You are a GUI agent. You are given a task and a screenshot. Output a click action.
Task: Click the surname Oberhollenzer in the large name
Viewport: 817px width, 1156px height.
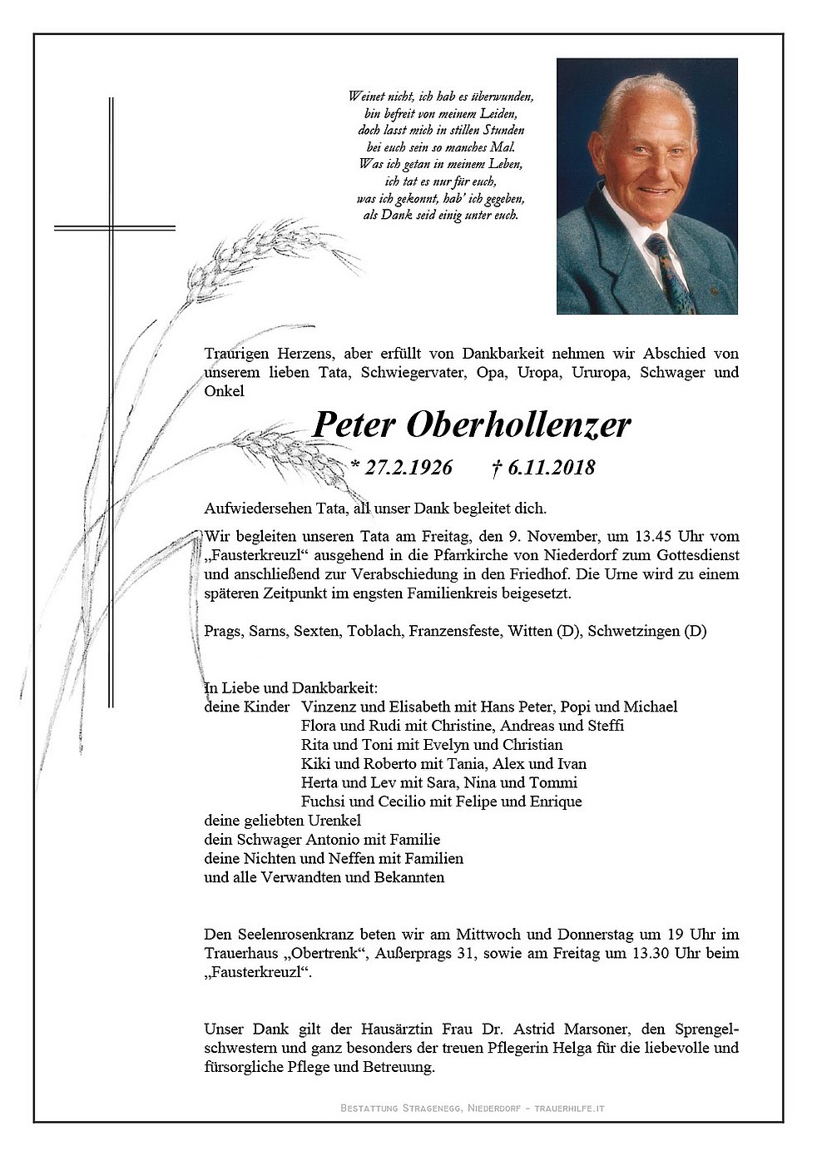(518, 425)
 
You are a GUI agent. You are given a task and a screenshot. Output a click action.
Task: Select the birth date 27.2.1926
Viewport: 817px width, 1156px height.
(407, 468)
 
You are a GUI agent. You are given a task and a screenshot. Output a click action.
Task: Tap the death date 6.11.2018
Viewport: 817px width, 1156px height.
(550, 468)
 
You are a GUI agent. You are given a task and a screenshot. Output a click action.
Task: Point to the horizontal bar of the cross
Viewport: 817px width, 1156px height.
(114, 226)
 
